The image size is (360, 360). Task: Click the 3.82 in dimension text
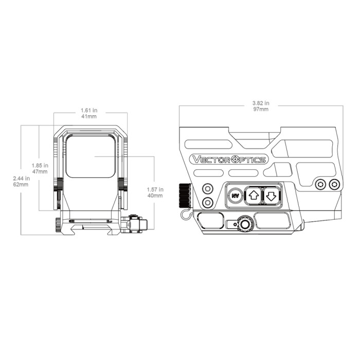click(261, 103)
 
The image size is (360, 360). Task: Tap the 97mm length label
click(261, 110)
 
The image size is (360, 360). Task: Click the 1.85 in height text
click(40, 166)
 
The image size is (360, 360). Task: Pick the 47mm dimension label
click(40, 172)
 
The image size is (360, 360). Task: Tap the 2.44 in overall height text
click(22, 178)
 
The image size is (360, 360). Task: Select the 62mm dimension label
click(22, 185)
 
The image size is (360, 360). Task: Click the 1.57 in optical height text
click(154, 189)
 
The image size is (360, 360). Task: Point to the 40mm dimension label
click(154, 195)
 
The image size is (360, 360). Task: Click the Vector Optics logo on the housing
click(228, 159)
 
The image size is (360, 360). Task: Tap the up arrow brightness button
click(253, 195)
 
